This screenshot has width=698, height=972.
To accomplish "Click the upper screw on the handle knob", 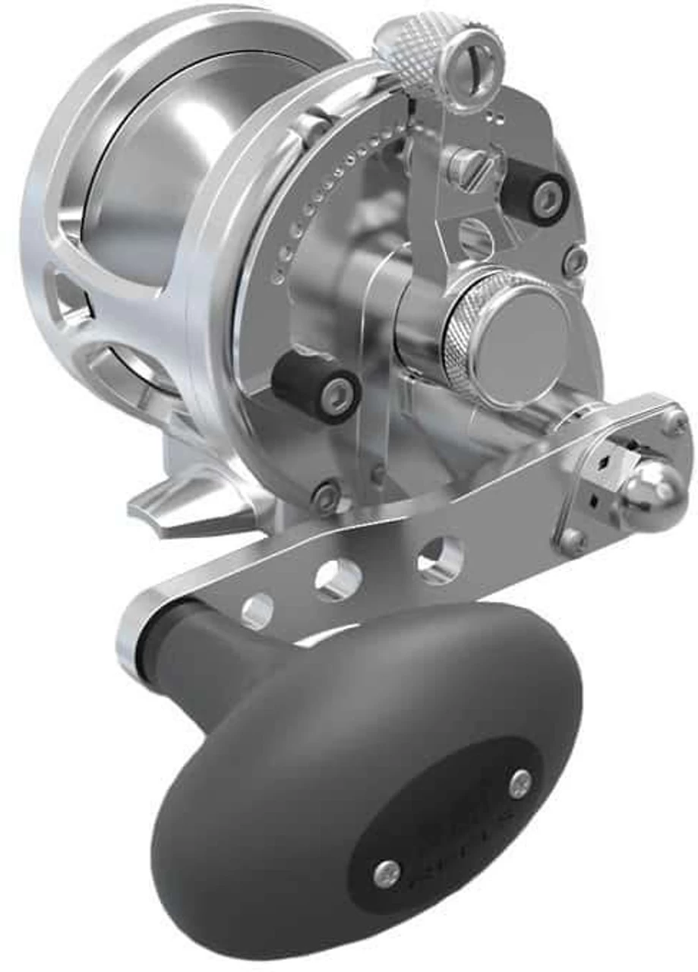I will [520, 783].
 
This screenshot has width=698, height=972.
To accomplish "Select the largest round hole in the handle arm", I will [440, 560].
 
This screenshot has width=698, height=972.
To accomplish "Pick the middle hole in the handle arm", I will [339, 580].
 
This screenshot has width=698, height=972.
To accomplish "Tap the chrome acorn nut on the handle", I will [655, 497].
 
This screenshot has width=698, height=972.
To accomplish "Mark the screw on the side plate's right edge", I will [575, 260].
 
